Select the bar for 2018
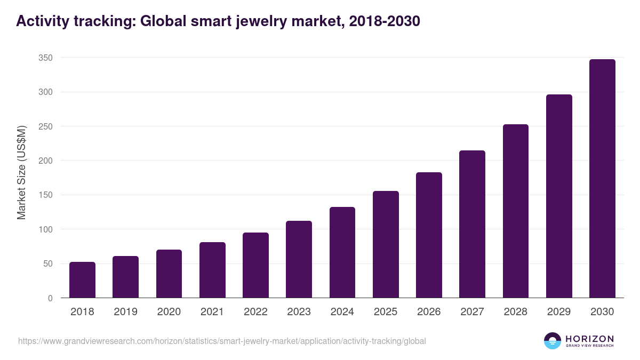coord(82,280)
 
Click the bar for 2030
coord(602,179)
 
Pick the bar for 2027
coord(472,224)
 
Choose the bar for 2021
coord(212,270)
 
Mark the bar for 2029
coord(559,196)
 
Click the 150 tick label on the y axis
coord(46,195)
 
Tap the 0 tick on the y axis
coord(50,298)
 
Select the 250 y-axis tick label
coord(46,126)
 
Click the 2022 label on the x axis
coord(255,312)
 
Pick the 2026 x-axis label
coord(429,312)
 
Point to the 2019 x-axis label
coord(125,312)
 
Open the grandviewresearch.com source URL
coord(222,341)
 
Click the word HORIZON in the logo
coord(589,338)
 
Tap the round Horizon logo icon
coord(553,341)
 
